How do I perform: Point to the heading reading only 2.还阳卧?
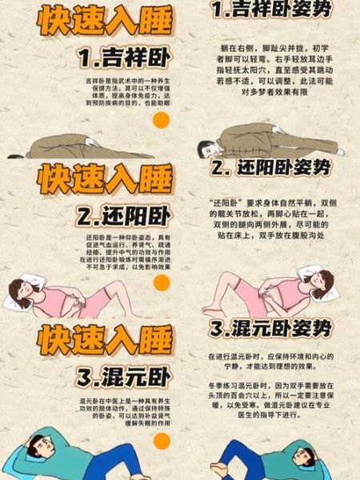click(x=124, y=216)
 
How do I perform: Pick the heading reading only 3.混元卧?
click(x=124, y=377)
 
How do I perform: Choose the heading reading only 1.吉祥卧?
click(x=124, y=57)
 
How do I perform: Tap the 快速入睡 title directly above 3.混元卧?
click(x=104, y=339)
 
